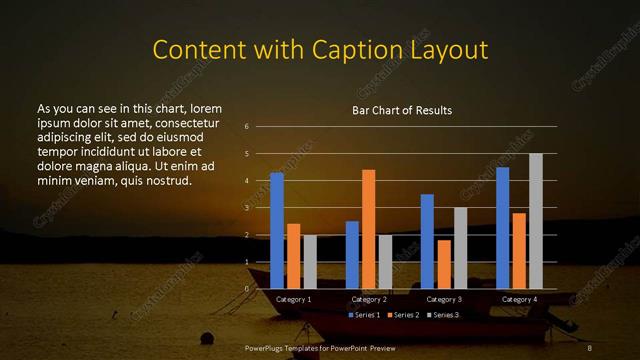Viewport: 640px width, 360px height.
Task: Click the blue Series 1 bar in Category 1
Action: (277, 231)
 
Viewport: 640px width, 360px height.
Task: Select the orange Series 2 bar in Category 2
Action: (368, 229)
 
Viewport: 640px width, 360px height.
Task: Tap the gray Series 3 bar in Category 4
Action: (536, 221)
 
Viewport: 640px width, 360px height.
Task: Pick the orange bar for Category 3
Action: (444, 264)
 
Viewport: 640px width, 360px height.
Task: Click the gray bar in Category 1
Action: (310, 262)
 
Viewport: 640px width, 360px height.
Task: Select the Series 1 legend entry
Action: (365, 315)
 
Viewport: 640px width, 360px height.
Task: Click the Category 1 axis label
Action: (293, 299)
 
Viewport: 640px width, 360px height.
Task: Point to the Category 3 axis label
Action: (444, 299)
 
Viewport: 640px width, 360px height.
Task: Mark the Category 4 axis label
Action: (519, 299)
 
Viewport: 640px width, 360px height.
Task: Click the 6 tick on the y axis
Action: (246, 127)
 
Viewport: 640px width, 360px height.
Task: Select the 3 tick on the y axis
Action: (246, 208)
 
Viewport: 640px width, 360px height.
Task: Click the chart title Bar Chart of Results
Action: (402, 110)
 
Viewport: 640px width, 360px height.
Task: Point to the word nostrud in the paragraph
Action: (164, 180)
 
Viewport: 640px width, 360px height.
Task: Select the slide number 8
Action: (590, 347)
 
